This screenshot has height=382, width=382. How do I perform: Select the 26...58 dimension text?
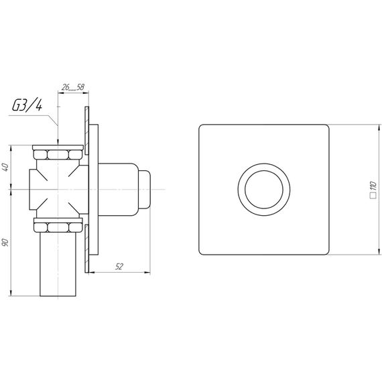[72, 87]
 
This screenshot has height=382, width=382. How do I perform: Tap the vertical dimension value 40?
[5, 167]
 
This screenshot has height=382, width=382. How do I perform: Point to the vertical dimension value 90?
[5, 243]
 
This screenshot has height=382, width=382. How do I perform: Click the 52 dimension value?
[119, 267]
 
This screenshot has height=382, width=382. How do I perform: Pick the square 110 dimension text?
[373, 190]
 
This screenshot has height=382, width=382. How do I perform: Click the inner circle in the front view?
[264, 190]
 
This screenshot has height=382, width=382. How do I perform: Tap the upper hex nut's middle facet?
[58, 155]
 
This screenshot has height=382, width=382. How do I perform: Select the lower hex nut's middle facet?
[58, 227]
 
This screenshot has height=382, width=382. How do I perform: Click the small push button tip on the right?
[144, 190]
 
